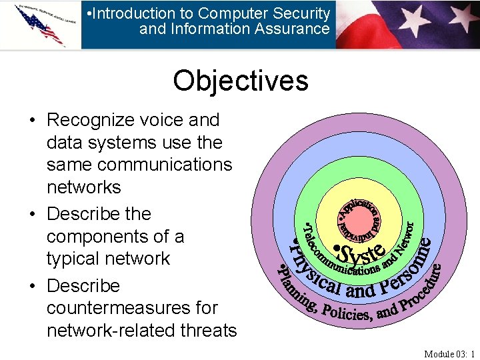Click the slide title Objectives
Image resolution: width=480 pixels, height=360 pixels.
click(240, 81)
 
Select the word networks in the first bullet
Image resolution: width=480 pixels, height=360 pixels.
click(83, 187)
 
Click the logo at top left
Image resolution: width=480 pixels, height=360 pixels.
click(40, 25)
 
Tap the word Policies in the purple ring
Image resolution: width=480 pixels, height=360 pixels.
click(346, 313)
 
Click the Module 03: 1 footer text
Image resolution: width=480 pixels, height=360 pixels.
click(449, 353)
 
